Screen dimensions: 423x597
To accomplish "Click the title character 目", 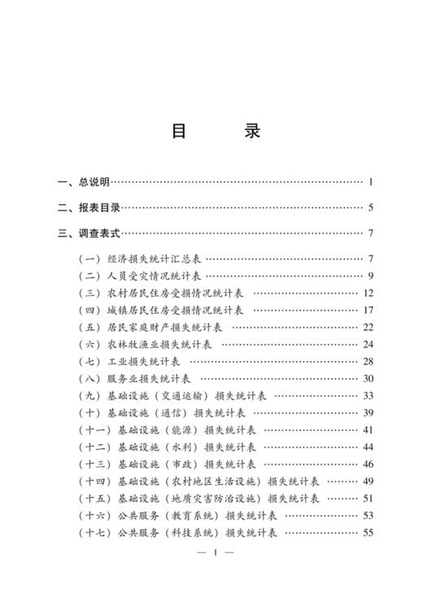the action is (x=179, y=131).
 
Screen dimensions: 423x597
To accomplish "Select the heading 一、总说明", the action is (x=84, y=182).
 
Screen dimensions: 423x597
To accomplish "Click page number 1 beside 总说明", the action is (x=369, y=182).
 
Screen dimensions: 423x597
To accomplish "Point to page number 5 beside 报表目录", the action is (x=369, y=207).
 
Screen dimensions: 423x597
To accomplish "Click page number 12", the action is (x=368, y=293).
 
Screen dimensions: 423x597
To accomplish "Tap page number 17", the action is (x=368, y=310).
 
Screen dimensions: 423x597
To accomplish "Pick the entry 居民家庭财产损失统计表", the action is (x=164, y=327).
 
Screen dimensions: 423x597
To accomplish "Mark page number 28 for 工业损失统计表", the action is (x=368, y=361).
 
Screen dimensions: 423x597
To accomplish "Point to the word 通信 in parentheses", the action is (x=181, y=413).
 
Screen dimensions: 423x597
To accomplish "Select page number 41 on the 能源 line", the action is (x=368, y=430).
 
